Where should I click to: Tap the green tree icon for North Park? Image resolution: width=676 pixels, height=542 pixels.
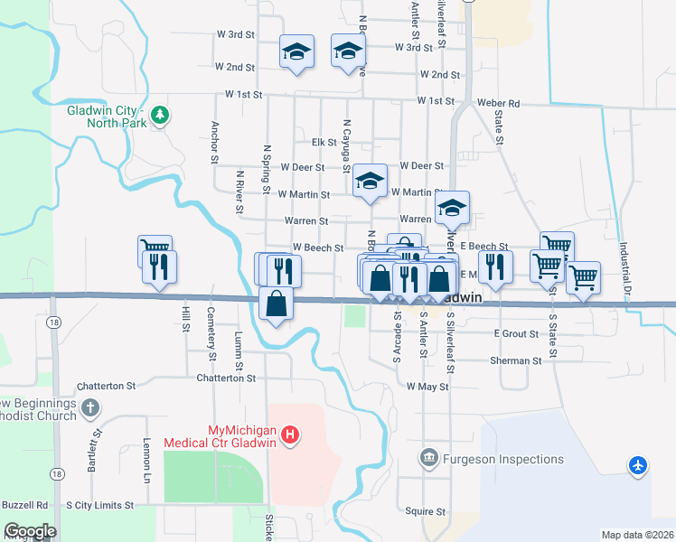pos(160,115)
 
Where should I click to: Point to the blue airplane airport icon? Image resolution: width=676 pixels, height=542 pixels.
pos(638,465)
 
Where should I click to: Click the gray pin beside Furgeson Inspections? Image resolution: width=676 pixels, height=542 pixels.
pos(430,459)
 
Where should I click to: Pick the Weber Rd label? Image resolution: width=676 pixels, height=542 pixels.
pos(502,104)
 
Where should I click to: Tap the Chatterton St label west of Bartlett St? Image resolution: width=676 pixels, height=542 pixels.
pos(106,386)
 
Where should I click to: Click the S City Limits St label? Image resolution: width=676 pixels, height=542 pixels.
pos(99,505)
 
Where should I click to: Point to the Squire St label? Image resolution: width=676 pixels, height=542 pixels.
pos(421,510)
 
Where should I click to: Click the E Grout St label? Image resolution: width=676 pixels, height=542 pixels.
pos(516,334)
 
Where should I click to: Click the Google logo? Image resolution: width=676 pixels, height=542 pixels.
pos(29,531)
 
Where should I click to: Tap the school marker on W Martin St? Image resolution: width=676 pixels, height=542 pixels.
pos(370,181)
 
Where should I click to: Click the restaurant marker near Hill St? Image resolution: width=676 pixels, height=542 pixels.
pos(160,266)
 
